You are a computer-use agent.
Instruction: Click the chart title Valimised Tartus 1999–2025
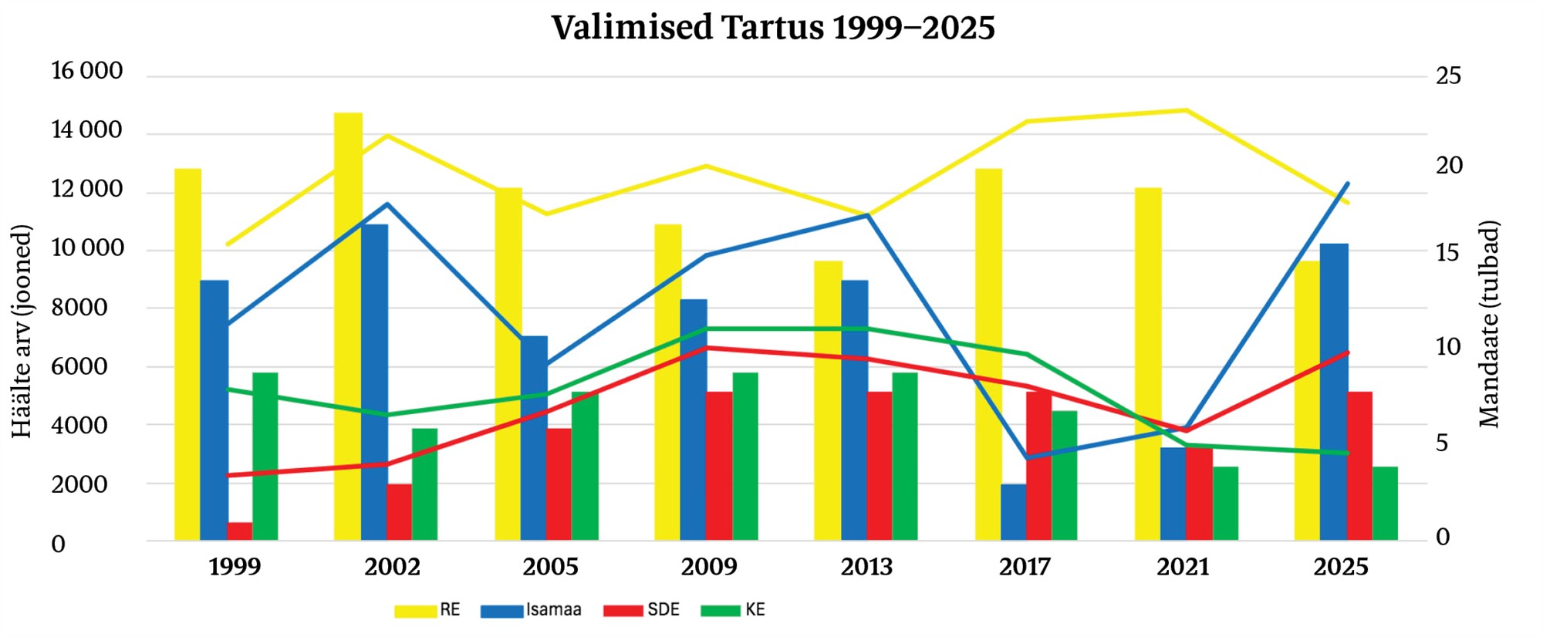773,29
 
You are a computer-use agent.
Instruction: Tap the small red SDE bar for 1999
239,531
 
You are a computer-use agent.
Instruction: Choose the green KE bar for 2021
1225,503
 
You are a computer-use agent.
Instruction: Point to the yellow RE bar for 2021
1148,363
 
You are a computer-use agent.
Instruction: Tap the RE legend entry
427,610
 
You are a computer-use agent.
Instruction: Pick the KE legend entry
733,610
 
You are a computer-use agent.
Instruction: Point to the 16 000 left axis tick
86,71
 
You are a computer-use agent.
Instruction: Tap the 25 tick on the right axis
1448,76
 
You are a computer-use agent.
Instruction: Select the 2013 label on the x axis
866,568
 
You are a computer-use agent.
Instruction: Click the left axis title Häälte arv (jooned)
22,332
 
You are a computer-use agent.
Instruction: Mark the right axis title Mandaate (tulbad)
1489,324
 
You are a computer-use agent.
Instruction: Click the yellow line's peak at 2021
1186,110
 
